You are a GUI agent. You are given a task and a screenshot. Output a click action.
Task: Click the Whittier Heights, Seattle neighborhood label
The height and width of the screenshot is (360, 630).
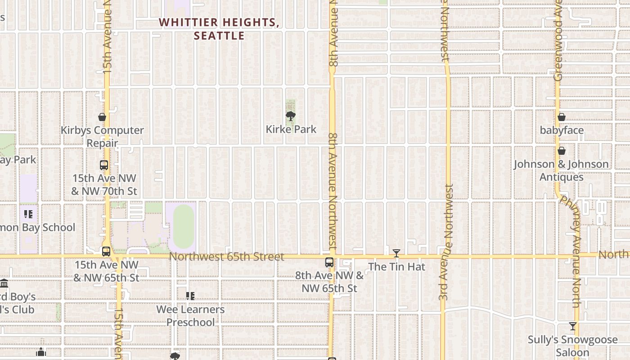click(x=219, y=29)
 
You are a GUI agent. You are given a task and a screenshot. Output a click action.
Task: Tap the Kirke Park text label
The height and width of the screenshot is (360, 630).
click(x=291, y=130)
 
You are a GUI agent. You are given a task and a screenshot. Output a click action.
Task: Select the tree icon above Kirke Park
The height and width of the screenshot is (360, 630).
click(x=291, y=117)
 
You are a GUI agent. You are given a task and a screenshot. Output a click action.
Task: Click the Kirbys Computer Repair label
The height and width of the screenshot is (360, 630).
click(x=102, y=137)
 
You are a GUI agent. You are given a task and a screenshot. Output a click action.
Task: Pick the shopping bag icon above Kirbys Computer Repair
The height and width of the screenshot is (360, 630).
click(x=102, y=117)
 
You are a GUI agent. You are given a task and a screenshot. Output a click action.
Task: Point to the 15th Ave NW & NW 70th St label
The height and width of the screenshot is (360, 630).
click(x=104, y=184)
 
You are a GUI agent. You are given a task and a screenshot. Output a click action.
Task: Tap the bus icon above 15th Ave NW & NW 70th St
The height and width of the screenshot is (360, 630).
click(x=104, y=165)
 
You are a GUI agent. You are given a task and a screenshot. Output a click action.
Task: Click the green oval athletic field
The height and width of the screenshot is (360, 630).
click(x=184, y=226)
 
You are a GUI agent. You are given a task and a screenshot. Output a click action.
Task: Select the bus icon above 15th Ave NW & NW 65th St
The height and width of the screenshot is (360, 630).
click(x=106, y=252)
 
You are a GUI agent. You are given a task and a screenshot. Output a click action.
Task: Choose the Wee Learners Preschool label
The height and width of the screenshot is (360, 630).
click(x=190, y=316)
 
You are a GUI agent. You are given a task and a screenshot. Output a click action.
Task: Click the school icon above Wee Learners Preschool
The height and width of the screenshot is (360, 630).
click(x=190, y=296)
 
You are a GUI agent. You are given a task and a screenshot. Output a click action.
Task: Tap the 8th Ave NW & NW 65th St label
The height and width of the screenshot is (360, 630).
click(x=329, y=282)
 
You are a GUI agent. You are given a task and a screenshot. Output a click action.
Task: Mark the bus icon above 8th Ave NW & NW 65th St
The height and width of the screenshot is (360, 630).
click(x=329, y=262)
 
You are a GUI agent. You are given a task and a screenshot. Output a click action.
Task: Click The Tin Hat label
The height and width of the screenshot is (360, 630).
click(x=396, y=267)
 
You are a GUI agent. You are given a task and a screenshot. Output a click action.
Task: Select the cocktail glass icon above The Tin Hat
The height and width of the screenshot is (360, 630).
click(x=396, y=254)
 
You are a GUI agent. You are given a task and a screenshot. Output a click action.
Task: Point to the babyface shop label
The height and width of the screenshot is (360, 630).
click(x=562, y=130)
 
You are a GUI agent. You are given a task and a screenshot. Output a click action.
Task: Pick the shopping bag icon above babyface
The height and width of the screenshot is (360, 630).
click(x=562, y=117)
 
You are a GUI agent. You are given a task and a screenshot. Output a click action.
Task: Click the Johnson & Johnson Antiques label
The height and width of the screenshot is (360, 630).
click(x=562, y=171)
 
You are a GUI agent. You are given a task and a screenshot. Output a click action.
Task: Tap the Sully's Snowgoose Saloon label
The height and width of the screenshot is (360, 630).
click(x=572, y=346)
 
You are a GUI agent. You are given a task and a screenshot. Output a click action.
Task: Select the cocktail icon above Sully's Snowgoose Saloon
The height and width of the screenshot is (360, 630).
click(x=572, y=326)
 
